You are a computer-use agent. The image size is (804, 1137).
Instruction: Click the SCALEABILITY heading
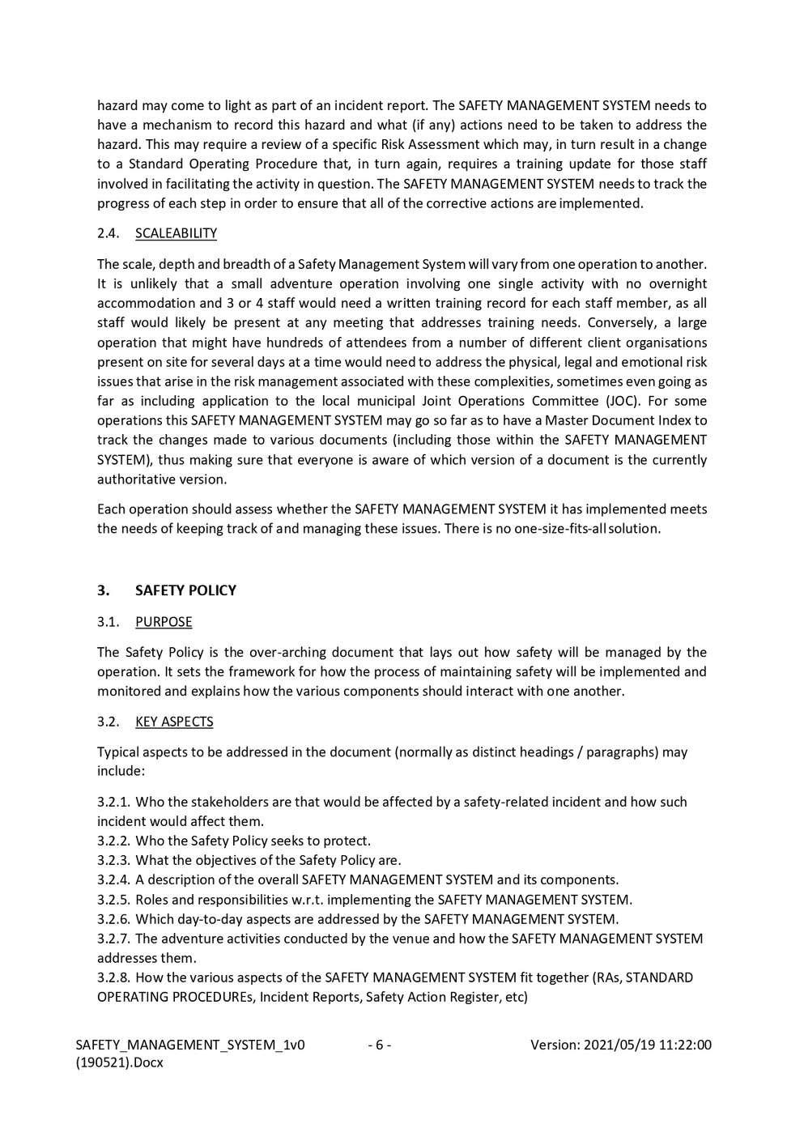[x=176, y=233]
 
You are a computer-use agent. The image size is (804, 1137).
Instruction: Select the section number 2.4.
[x=108, y=233]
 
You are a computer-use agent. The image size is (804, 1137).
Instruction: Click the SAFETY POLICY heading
[x=185, y=590]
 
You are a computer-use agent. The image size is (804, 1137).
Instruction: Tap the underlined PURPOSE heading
[x=164, y=622]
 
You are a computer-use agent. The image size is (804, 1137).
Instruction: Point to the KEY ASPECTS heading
[x=174, y=722]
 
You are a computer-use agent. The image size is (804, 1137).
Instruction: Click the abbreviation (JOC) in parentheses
[x=615, y=401]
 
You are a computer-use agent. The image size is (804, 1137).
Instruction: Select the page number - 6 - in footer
[x=379, y=1045]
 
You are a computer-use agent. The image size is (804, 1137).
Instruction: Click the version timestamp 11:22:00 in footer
[x=686, y=1045]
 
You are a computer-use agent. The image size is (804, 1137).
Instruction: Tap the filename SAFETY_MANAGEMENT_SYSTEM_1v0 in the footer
[x=190, y=1045]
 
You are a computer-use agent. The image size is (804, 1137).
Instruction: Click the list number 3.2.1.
[x=113, y=802]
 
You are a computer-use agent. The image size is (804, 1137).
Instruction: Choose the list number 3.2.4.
[x=113, y=879]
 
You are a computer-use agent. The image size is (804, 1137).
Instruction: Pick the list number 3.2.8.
[x=113, y=977]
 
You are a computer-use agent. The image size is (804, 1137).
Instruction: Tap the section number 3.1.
[x=108, y=622]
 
